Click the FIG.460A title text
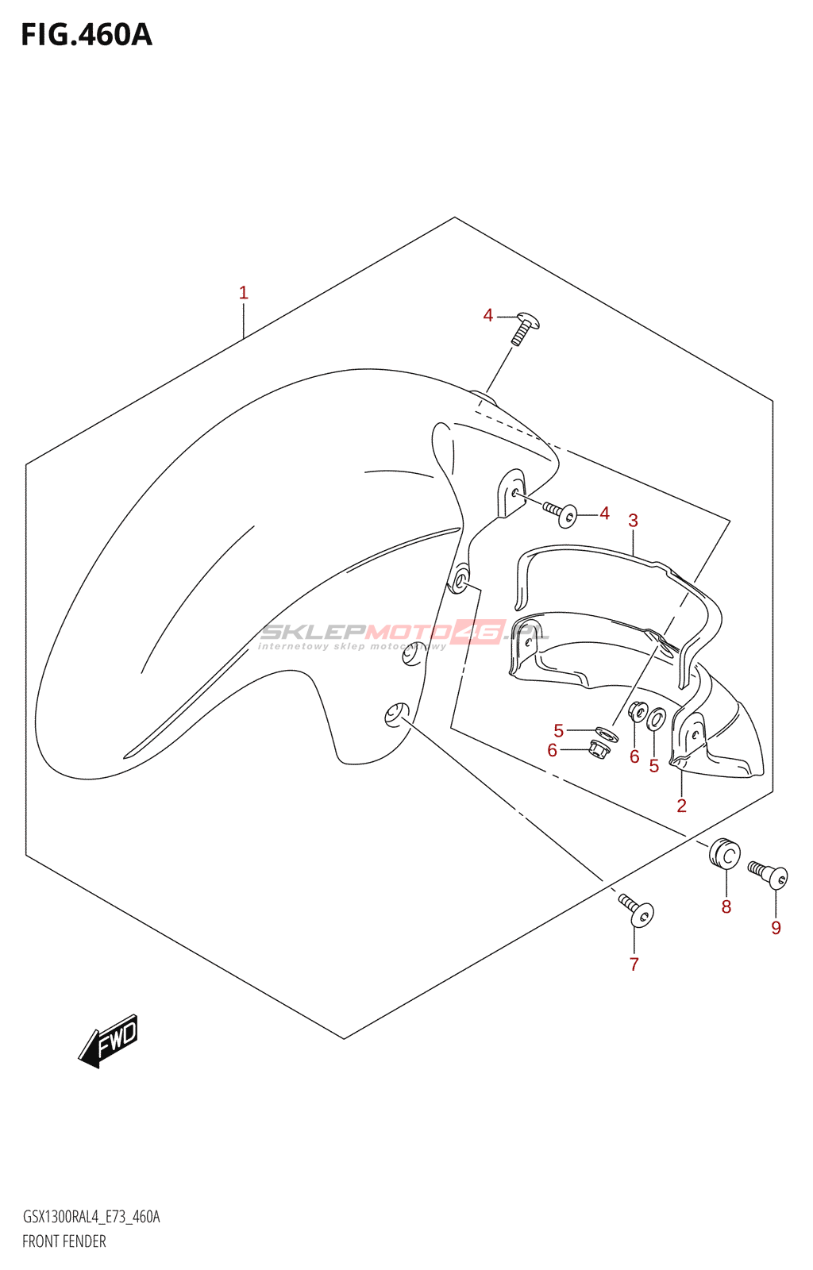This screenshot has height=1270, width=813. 86,35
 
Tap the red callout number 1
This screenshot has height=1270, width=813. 244,293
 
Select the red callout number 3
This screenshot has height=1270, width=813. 633,521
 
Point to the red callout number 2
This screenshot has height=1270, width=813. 681,806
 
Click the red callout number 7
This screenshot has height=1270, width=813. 634,964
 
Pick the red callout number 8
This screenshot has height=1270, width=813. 726,906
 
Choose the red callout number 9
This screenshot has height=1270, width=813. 776,928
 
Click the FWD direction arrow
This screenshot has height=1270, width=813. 109,1041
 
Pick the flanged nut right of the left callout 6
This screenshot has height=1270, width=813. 599,748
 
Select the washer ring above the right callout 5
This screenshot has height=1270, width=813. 655,720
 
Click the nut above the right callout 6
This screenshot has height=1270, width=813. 637,711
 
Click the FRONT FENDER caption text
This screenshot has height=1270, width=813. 64,1241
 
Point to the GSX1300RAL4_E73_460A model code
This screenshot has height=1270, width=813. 91,1217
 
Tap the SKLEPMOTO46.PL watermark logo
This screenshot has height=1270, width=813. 404,633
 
